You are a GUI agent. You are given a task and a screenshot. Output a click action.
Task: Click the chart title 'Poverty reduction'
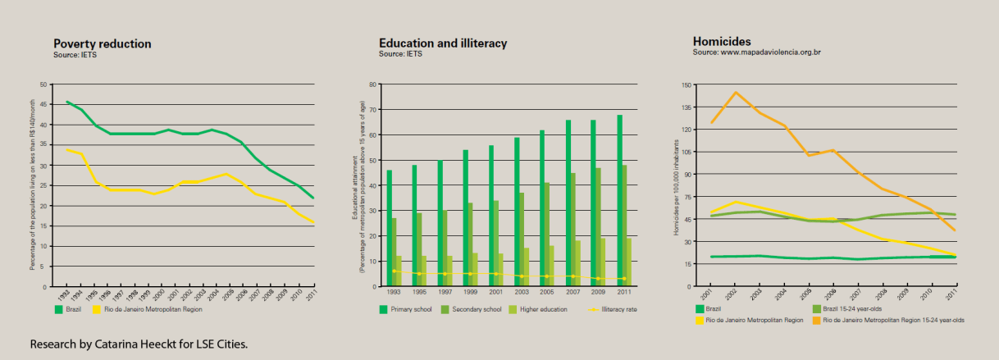click(x=102, y=44)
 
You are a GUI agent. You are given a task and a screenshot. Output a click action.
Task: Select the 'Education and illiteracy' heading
click(x=443, y=43)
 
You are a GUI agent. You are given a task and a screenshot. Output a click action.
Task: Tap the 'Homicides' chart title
click(x=722, y=41)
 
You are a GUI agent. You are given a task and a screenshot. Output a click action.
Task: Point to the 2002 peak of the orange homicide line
click(x=735, y=93)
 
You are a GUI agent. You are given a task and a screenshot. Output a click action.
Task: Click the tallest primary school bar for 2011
click(x=619, y=200)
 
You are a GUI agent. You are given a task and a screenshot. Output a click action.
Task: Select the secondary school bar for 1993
click(x=394, y=252)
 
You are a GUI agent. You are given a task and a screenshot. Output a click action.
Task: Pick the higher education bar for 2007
click(x=578, y=263)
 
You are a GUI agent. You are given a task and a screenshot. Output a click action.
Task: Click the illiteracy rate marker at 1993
click(x=394, y=271)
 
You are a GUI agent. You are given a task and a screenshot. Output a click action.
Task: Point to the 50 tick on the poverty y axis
click(x=44, y=84)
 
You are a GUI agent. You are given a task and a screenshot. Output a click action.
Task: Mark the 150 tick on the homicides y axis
click(x=687, y=84)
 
